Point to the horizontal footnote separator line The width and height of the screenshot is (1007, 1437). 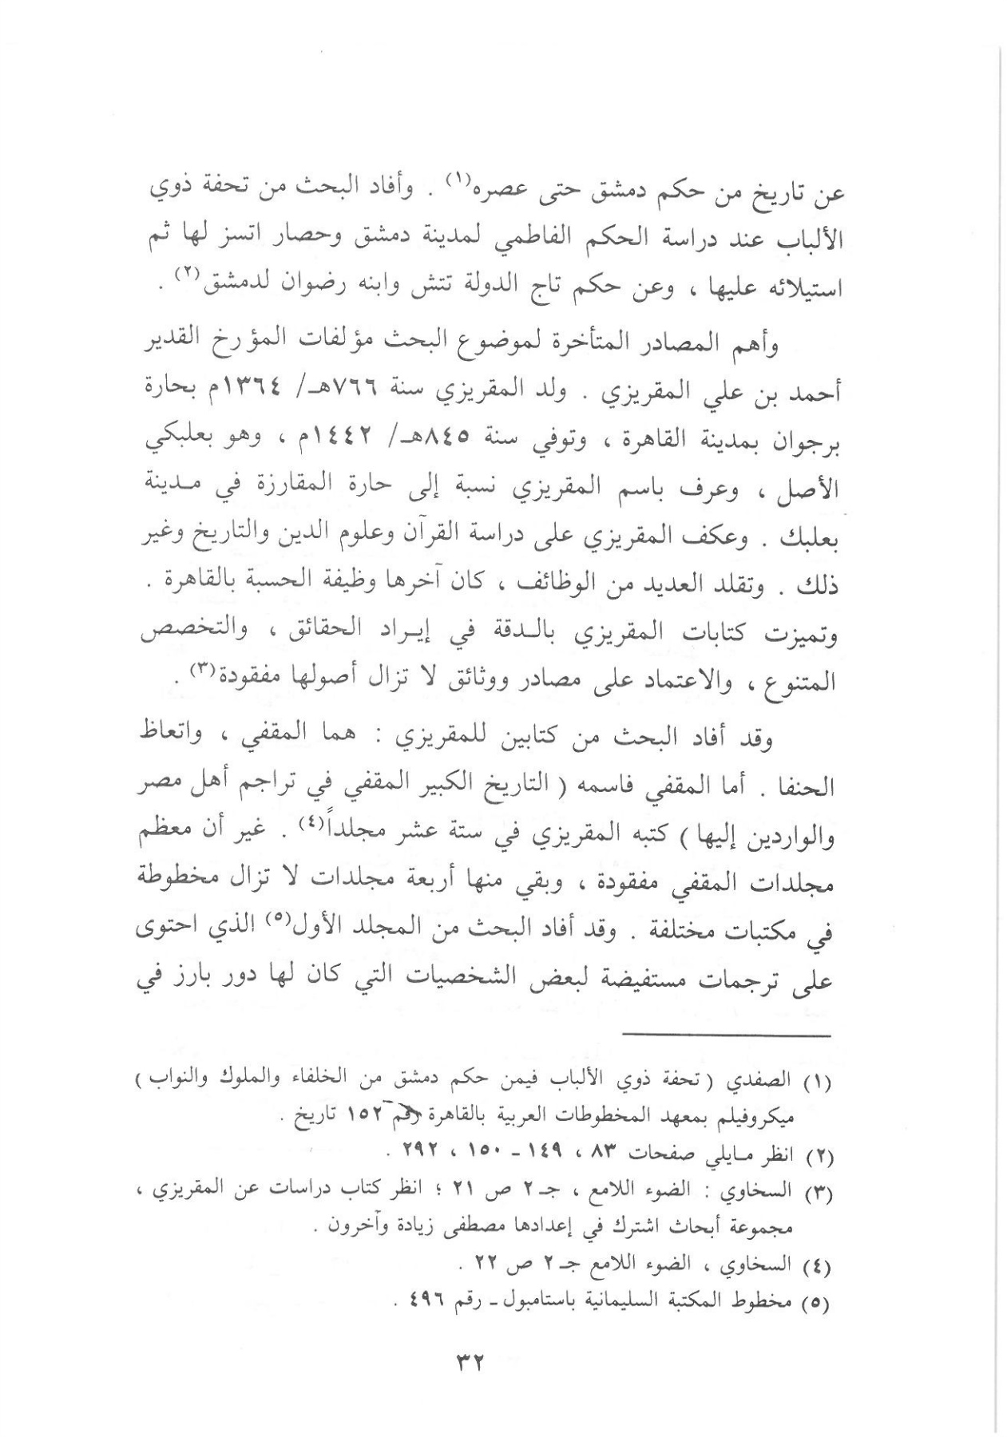727,1035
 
